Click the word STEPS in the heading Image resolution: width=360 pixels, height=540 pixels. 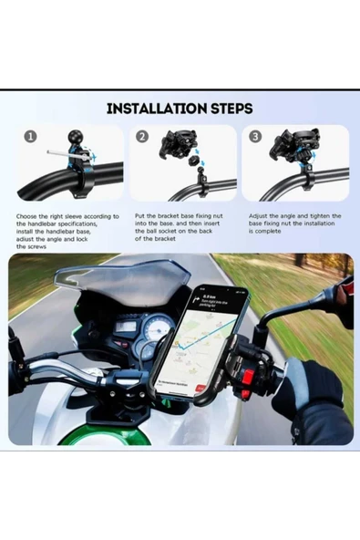coord(228,109)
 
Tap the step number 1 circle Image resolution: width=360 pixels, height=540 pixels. coord(30,137)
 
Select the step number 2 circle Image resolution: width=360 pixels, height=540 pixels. coord(142,137)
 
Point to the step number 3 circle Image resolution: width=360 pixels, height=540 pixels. coord(254,137)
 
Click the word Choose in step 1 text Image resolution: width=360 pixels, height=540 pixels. coord(28,217)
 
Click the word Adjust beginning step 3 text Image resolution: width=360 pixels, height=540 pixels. coord(259,217)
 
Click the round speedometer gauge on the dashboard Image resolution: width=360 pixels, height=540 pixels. coord(159,329)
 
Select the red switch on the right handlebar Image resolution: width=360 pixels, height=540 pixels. coord(245,376)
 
